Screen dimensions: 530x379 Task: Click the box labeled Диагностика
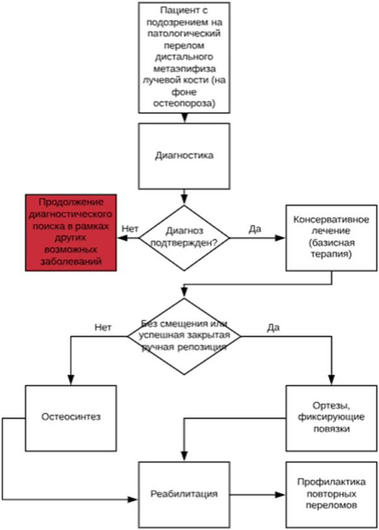tap(184, 155)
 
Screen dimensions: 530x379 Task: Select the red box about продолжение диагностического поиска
tap(70, 232)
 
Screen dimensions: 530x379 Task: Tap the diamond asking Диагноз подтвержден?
tap(184, 237)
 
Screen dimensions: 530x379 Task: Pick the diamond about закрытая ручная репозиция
tap(184, 335)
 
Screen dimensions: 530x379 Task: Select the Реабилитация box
tap(184, 493)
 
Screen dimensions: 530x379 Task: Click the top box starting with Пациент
tap(184, 57)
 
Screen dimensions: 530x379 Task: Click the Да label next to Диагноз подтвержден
tap(255, 228)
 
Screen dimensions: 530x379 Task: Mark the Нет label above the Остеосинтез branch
tap(103, 327)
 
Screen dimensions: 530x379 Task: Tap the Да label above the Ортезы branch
tap(273, 327)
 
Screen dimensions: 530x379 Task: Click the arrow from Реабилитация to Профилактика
tap(258, 493)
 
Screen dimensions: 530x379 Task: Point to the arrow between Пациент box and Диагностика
tap(184, 118)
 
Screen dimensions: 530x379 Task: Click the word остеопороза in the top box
tap(184, 104)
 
